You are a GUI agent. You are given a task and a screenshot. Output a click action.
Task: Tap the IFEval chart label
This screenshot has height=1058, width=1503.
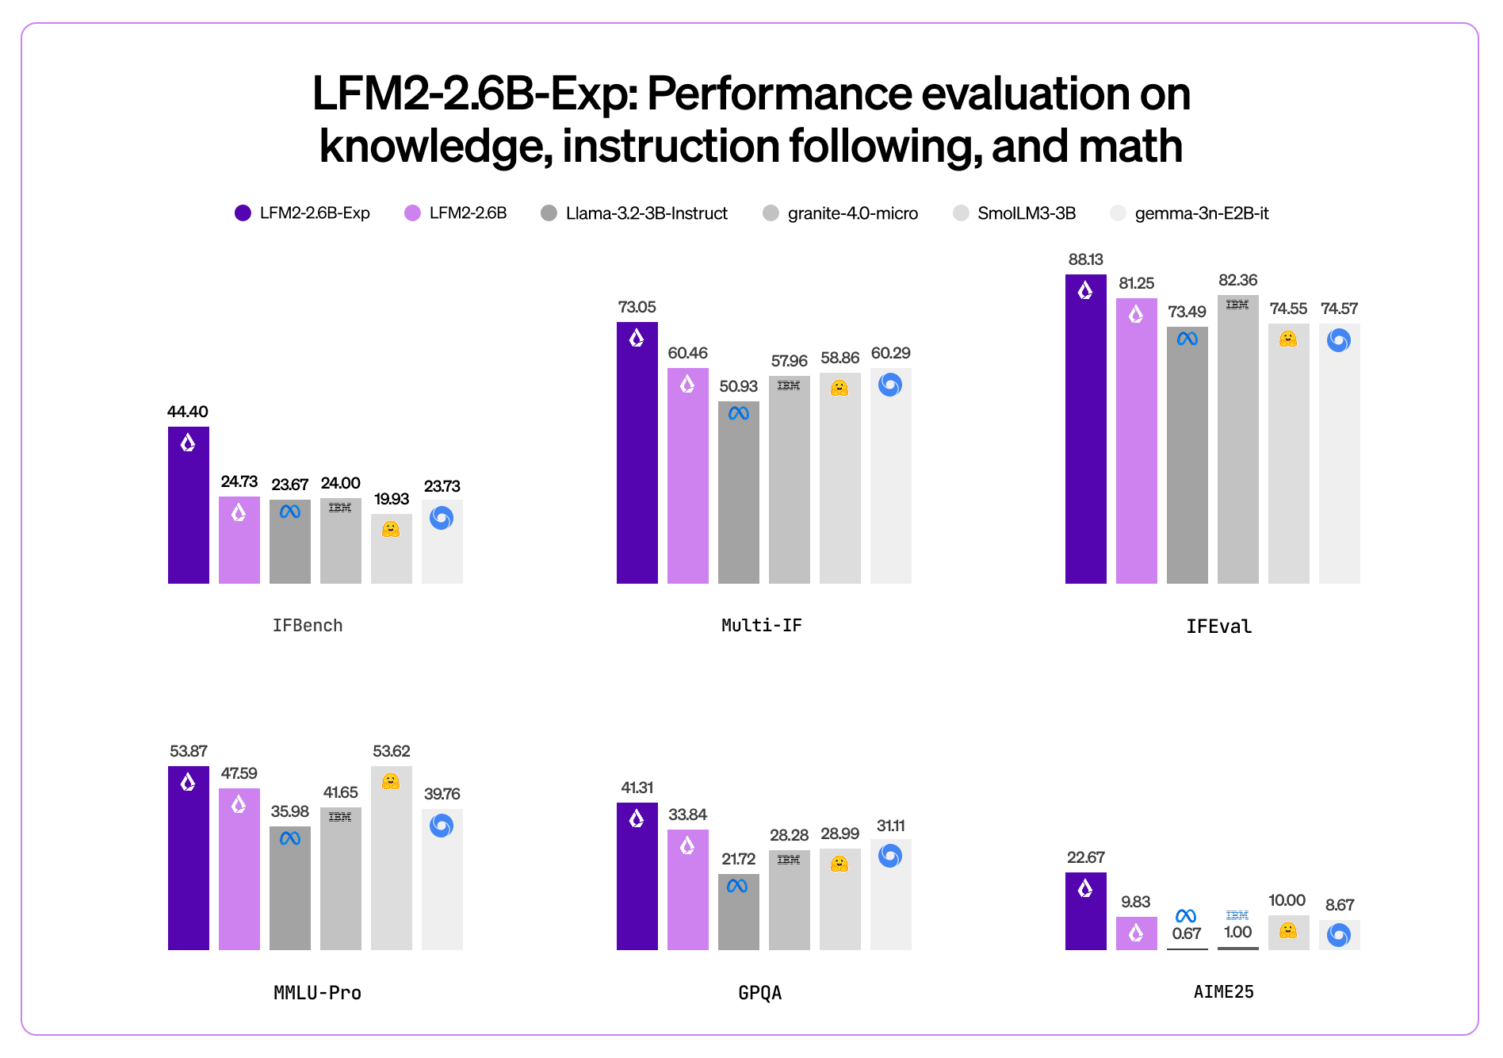[x=1218, y=627]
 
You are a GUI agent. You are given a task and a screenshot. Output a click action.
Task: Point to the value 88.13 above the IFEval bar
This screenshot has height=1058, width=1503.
[x=1085, y=259]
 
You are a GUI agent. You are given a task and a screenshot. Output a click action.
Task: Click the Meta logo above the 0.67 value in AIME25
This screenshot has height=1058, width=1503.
[x=1186, y=916]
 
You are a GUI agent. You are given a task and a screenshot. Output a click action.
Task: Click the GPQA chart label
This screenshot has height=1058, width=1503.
[x=759, y=993]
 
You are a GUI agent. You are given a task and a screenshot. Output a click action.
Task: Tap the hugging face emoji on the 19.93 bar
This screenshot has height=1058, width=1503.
[x=391, y=529]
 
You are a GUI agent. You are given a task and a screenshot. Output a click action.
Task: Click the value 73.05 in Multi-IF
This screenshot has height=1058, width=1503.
[x=637, y=307]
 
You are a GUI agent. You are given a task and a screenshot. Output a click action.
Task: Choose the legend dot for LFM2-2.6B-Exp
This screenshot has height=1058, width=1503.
[x=243, y=213]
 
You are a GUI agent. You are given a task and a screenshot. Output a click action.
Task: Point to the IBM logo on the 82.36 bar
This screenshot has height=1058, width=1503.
[x=1237, y=305]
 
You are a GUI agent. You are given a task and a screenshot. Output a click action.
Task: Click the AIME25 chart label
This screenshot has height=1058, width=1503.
[x=1223, y=992]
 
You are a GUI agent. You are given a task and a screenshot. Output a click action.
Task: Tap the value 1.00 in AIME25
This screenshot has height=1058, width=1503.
[x=1237, y=933]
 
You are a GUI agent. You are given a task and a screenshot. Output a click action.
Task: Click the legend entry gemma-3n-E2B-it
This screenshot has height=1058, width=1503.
[x=1201, y=213]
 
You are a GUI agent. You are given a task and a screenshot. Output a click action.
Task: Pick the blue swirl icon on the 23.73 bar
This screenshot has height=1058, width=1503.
[x=442, y=518]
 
